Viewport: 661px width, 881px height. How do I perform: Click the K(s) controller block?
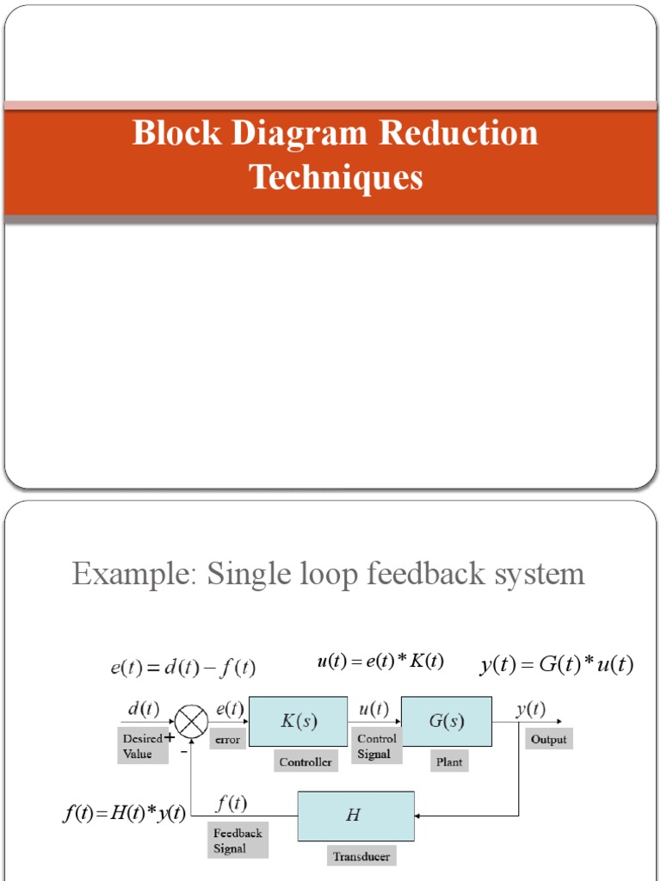click(x=298, y=721)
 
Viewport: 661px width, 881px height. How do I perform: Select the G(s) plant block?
click(x=447, y=721)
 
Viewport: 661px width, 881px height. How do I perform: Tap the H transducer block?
click(x=355, y=816)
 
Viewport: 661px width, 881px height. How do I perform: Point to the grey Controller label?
click(x=305, y=761)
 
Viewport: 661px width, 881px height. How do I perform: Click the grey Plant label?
click(x=448, y=761)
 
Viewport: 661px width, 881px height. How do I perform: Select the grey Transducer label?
click(x=361, y=856)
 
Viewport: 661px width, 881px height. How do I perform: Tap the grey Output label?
click(x=548, y=739)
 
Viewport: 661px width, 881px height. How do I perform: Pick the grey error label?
click(x=227, y=740)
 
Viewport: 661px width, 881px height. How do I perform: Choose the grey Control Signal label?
click(x=377, y=746)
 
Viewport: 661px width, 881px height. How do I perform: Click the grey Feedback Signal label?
click(x=238, y=841)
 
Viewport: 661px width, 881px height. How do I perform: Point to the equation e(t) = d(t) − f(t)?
click(x=182, y=667)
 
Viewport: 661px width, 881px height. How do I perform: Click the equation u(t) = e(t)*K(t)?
click(x=380, y=662)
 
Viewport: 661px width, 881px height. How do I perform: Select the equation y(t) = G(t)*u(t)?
click(x=556, y=665)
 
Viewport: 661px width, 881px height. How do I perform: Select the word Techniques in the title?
click(x=336, y=177)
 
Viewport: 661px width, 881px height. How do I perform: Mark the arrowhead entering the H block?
click(x=419, y=815)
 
